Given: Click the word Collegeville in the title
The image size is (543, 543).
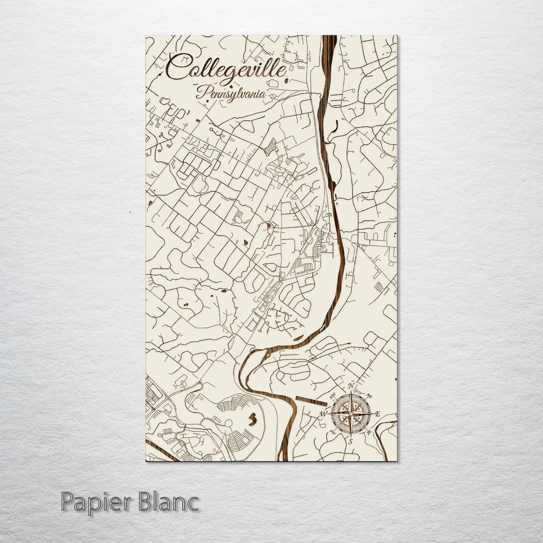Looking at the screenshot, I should click(x=226, y=69).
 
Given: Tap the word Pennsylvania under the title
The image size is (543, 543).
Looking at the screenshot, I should click(x=231, y=93).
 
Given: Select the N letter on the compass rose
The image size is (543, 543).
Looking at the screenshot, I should click(x=352, y=386).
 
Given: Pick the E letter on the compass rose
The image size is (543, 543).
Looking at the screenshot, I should click(x=378, y=414).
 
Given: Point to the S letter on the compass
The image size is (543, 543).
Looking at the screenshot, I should click(x=351, y=441).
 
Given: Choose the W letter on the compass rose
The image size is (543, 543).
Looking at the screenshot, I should click(x=324, y=414).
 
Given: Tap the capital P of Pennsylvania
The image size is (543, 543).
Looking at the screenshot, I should click(x=201, y=92).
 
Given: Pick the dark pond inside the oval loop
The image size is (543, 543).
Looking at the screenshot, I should click(x=253, y=418).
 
